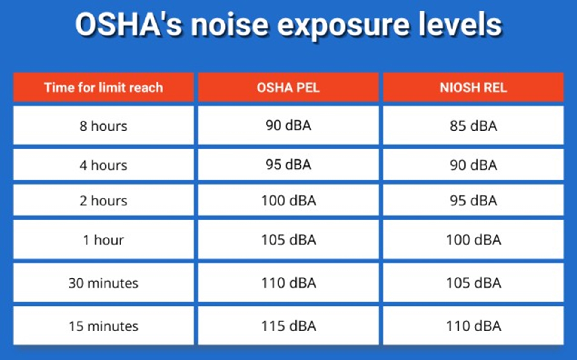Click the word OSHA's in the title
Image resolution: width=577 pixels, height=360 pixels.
coord(129,25)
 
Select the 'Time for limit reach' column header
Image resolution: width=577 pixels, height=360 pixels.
coord(103,88)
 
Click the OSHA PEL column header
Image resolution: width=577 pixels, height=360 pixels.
coord(288,88)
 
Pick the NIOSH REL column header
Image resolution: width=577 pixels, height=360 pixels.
coord(473,88)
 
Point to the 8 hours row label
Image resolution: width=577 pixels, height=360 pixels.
coord(103,126)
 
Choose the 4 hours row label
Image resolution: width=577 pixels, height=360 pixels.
coord(103,165)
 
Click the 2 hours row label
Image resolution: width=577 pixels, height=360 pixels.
coord(103,201)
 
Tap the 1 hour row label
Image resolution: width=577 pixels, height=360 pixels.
coord(103,240)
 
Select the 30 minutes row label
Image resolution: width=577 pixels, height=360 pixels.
coord(103,283)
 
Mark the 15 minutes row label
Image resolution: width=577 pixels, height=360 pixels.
coord(103,326)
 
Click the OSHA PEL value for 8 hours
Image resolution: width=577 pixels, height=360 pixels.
coord(288,125)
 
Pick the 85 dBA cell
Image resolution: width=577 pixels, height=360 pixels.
coord(473,126)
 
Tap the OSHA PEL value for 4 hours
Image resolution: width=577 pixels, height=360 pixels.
coord(288,165)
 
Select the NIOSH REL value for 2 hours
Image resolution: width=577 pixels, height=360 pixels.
coord(473,201)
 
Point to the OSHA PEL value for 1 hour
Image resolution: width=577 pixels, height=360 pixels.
coord(288,240)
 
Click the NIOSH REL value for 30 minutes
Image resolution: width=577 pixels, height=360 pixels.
coord(473,283)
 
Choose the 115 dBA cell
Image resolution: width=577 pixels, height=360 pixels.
coord(288,326)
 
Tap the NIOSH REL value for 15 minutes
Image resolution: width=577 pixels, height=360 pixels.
coord(473,326)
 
